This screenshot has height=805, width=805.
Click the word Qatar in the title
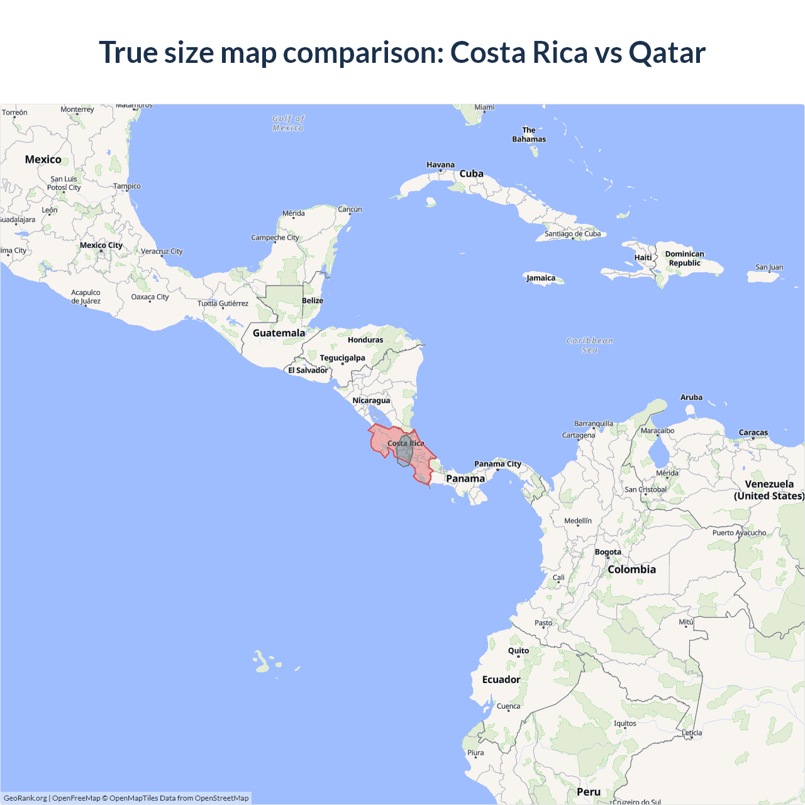pyautogui.click(x=667, y=53)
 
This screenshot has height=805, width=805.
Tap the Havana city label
pyautogui.click(x=440, y=165)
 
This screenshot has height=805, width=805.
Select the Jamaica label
pyautogui.click(x=541, y=278)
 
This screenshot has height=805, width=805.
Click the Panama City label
pyautogui.click(x=497, y=464)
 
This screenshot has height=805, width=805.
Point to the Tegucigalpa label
pyautogui.click(x=342, y=358)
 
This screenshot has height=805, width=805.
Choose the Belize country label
pyautogui.click(x=313, y=301)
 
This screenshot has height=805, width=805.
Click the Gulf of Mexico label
pyautogui.click(x=288, y=123)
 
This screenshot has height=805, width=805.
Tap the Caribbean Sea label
pyautogui.click(x=589, y=345)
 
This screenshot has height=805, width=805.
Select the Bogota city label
pyautogui.click(x=608, y=552)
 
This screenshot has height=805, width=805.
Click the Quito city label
pyautogui.click(x=518, y=651)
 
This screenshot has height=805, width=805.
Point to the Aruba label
pyautogui.click(x=691, y=397)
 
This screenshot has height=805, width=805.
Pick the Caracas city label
pyautogui.click(x=753, y=433)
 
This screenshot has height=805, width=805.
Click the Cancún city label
pyautogui.click(x=350, y=209)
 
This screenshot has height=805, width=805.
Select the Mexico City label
pyautogui.click(x=101, y=245)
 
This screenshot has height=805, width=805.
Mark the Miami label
pyautogui.click(x=484, y=108)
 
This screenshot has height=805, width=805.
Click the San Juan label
pyautogui.click(x=769, y=267)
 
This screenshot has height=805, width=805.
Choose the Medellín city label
pyautogui.click(x=577, y=521)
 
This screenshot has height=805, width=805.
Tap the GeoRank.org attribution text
pyautogui.click(x=25, y=798)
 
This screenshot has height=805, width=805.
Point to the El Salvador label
pyautogui.click(x=308, y=370)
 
